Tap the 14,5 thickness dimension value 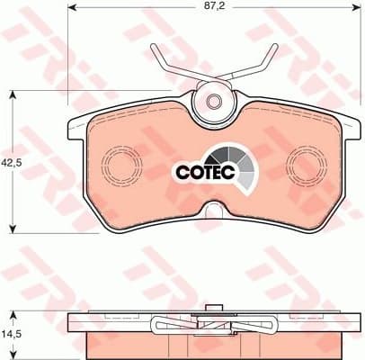coord(12,332)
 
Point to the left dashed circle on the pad coord(120,165)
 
